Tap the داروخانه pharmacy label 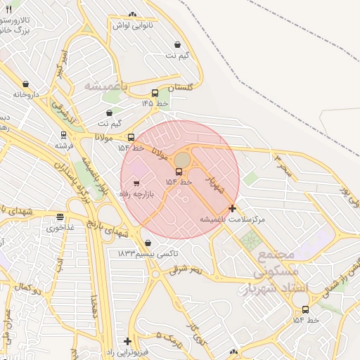click(23, 94)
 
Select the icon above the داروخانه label click(26, 84)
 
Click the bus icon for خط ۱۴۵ click(155, 93)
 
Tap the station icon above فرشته click(64, 135)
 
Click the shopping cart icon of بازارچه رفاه click(136, 184)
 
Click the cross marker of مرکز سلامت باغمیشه click(233, 208)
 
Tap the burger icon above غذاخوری click(60, 217)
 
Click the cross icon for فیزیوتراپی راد click(127, 341)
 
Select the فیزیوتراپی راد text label click(127, 352)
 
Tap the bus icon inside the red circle click(179, 172)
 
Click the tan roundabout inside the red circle click(182, 160)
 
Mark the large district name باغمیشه click(108, 86)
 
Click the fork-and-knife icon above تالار click(8, 10)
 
